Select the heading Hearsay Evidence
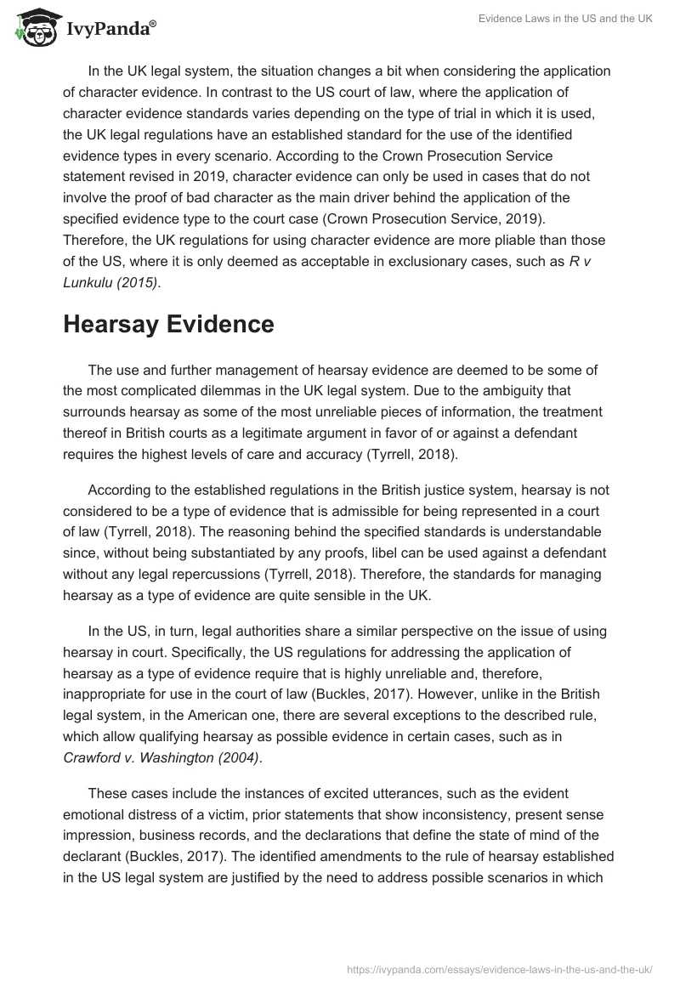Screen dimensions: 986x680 [168, 325]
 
